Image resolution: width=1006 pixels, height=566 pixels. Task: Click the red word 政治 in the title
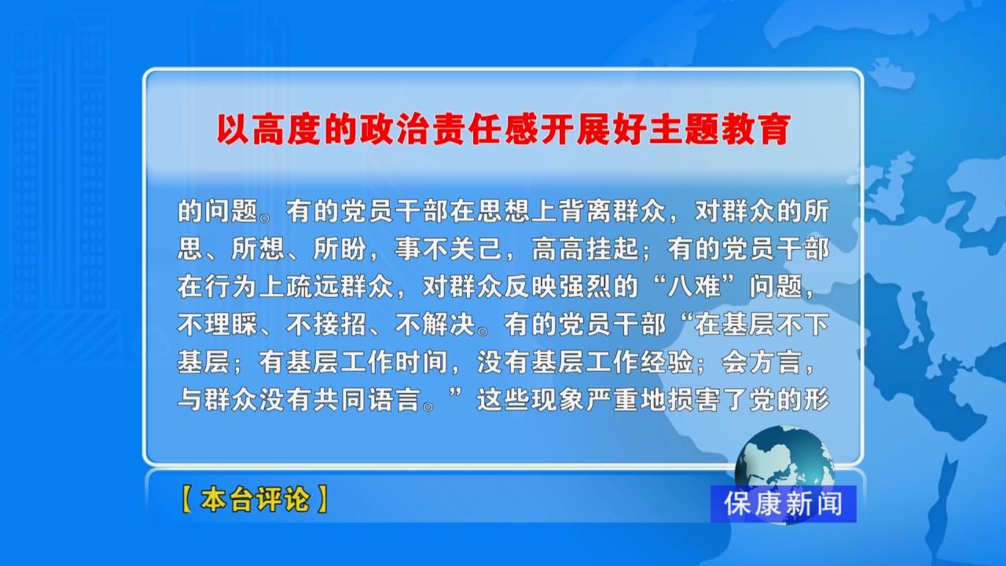pos(395,130)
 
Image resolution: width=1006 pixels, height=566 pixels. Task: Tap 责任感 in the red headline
pos(486,130)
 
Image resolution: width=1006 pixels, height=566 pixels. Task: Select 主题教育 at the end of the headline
pos(719,130)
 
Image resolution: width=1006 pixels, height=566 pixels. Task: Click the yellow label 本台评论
pos(255,499)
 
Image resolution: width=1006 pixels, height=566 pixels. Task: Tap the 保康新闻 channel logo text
pos(784,504)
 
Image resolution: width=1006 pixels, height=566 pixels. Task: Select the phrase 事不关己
pos(448,249)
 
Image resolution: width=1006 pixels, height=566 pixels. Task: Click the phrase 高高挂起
pos(585,249)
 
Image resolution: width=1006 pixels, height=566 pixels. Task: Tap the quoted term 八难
pos(694,287)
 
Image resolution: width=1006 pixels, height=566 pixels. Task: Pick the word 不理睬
pos(218,325)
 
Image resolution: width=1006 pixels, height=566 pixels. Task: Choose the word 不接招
pos(326,325)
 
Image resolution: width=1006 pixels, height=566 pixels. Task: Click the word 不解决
pos(435,325)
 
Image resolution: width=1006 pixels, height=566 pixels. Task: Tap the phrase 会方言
pos(762,362)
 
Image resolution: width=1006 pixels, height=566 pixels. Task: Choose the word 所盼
pos(340,249)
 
